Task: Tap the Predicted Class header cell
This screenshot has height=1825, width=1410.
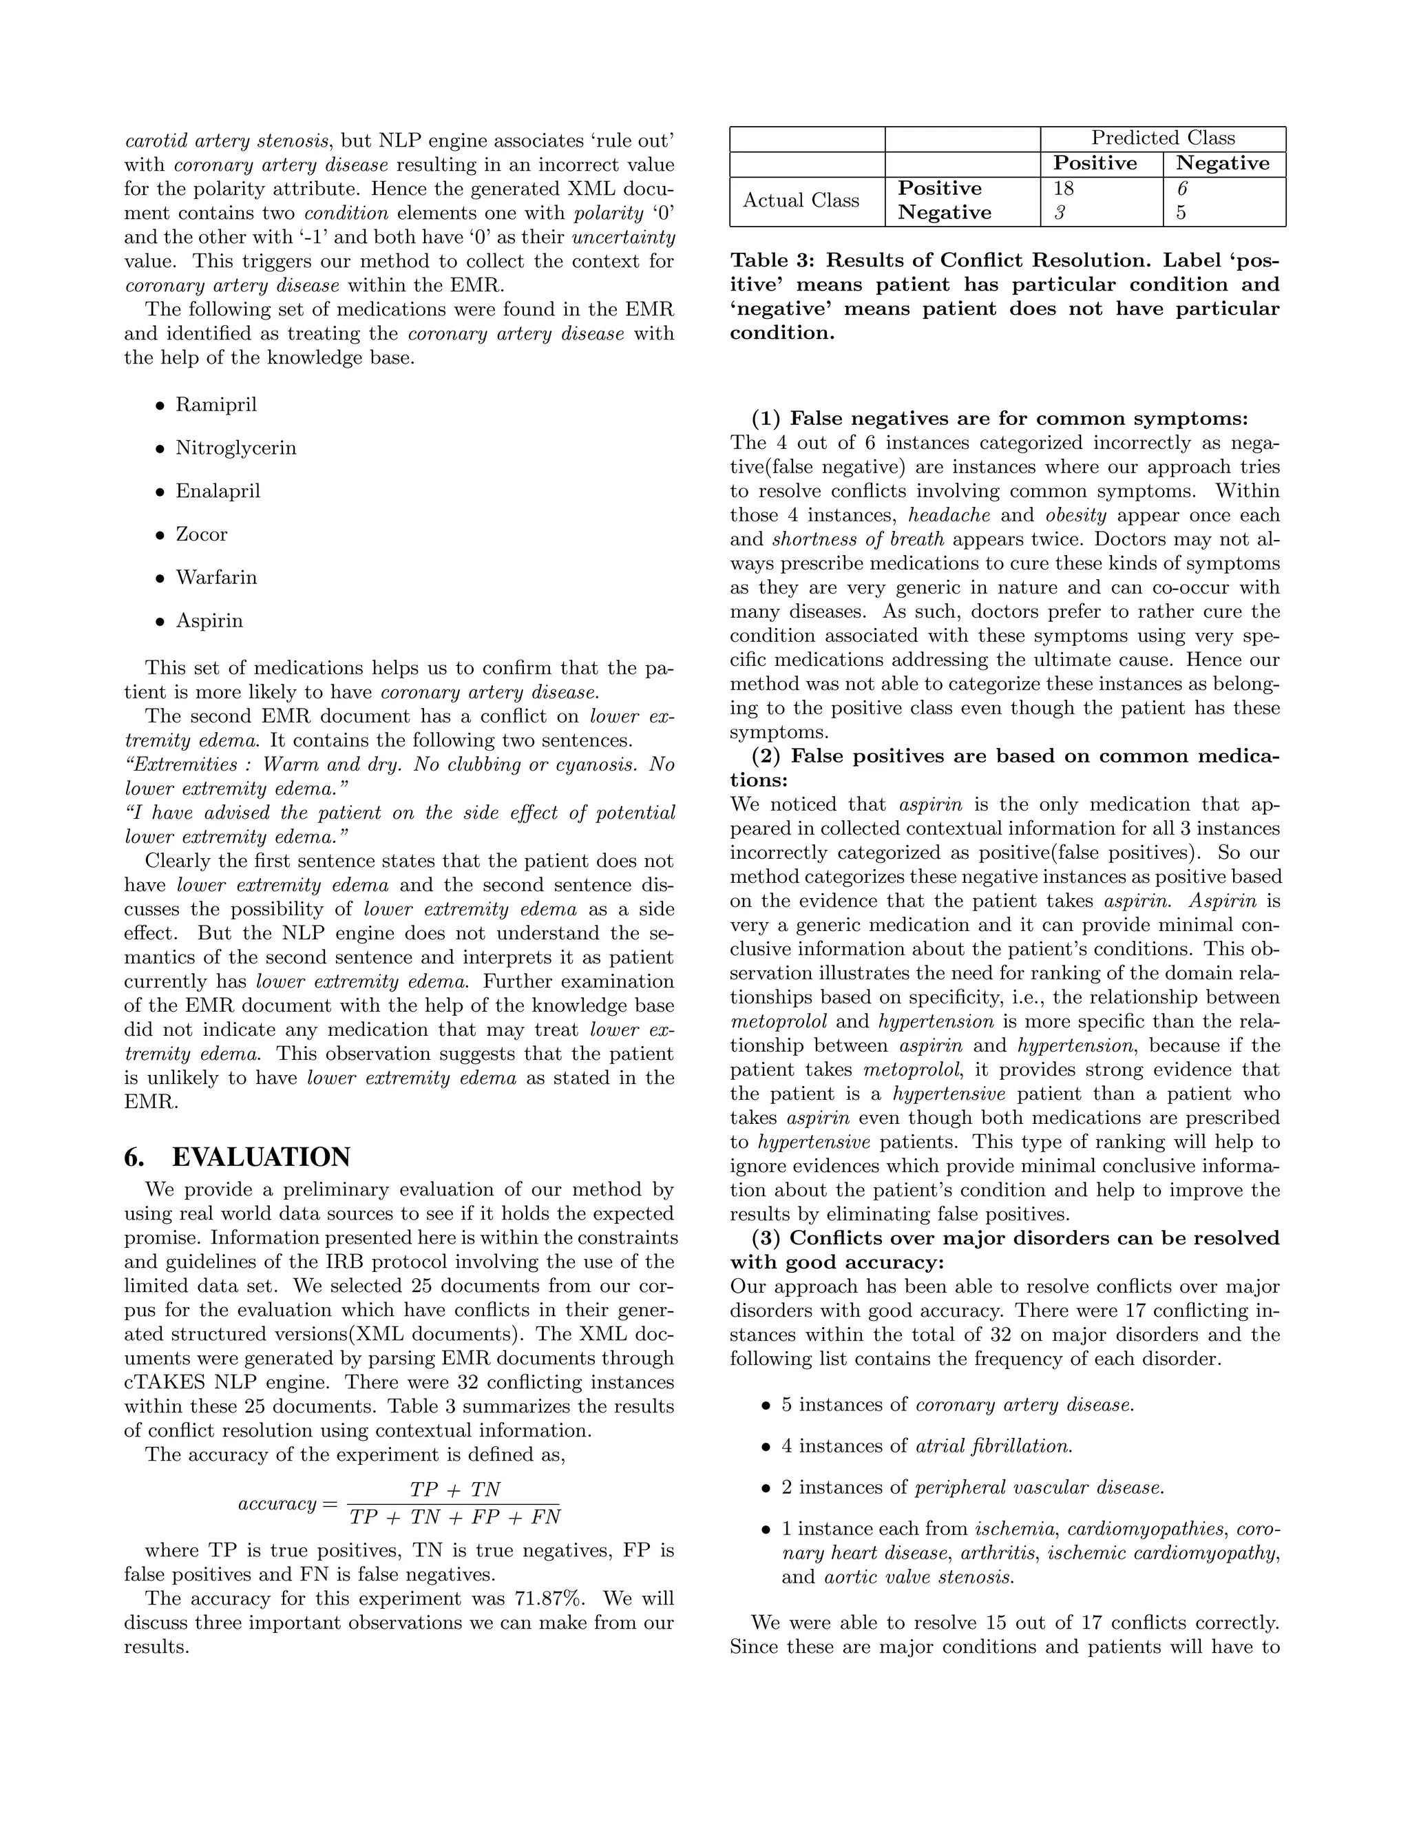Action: (x=1163, y=138)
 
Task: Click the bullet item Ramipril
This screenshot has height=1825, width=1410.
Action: (x=215, y=405)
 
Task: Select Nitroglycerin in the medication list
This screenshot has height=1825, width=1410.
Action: (x=235, y=449)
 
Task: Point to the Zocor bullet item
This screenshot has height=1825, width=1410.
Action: (x=201, y=535)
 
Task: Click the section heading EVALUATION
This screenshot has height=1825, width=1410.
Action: (x=261, y=1158)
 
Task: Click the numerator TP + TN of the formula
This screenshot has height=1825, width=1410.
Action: (x=454, y=1490)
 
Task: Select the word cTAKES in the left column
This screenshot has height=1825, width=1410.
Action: (x=163, y=1383)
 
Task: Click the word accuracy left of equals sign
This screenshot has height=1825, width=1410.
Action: (x=277, y=1504)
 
